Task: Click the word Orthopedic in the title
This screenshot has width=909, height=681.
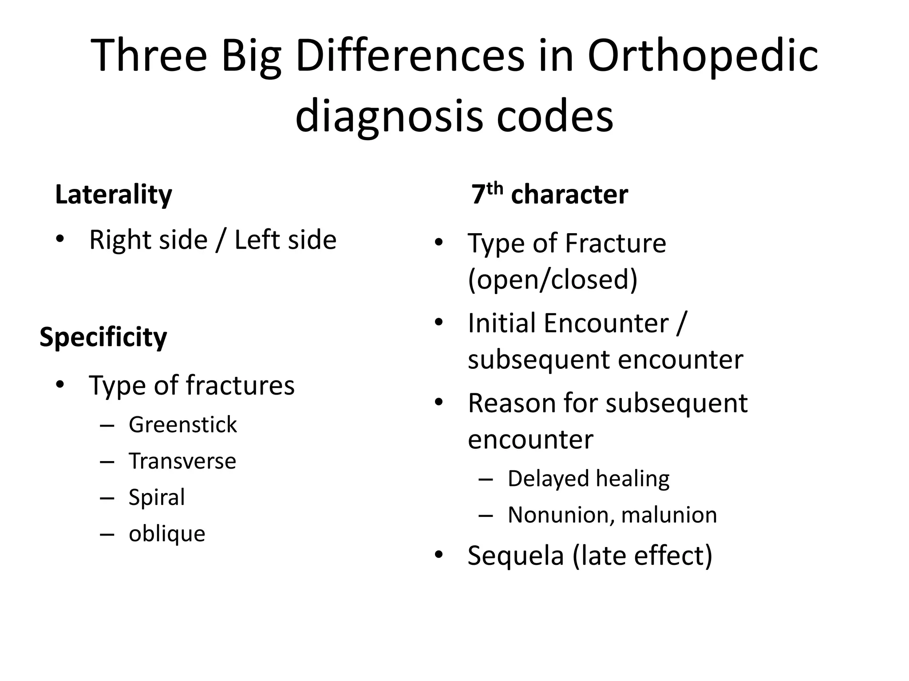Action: [703, 57]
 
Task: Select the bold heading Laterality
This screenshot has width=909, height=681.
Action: [113, 195]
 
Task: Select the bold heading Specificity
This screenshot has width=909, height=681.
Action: [103, 337]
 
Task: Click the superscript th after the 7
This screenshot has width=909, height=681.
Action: [494, 189]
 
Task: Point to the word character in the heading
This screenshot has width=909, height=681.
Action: [569, 195]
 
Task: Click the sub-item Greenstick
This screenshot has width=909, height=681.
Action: [182, 425]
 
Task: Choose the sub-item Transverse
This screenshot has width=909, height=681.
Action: [182, 461]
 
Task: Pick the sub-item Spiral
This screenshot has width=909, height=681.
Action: [156, 497]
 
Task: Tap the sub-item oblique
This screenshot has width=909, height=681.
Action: [167, 534]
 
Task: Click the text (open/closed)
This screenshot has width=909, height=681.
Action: [553, 279]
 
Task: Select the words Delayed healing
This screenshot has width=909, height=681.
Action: [588, 479]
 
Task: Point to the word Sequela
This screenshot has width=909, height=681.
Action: [515, 555]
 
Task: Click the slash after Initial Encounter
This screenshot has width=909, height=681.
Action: [681, 323]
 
